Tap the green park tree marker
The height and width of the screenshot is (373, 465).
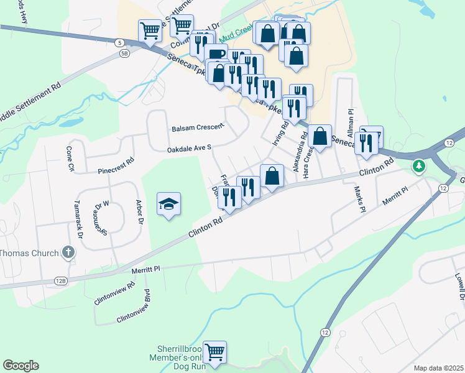pos(420,166)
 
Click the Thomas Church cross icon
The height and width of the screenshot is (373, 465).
pos(68,252)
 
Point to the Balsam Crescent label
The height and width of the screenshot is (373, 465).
pos(198,127)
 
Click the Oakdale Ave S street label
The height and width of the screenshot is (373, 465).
pos(190,149)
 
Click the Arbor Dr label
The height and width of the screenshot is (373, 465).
pos(140,212)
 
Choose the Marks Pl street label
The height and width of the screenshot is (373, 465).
pos(359,199)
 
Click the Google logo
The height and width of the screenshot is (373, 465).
pos(21,366)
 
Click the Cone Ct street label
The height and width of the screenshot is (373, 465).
pos(70,159)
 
